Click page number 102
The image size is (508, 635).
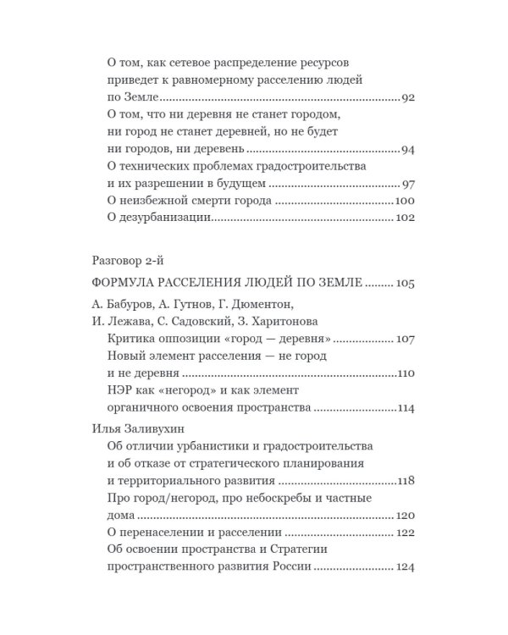pos(404,218)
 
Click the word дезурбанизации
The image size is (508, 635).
pos(163,218)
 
